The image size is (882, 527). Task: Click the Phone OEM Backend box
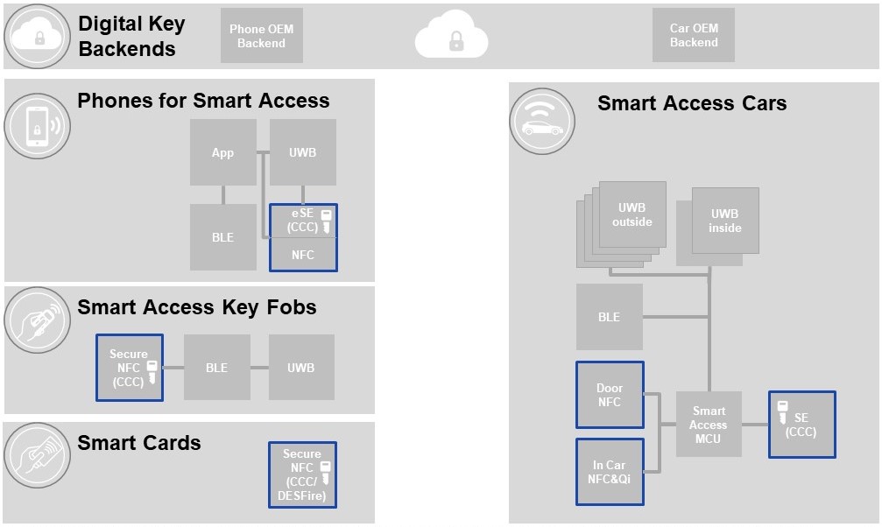point(261,36)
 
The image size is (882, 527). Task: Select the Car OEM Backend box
point(693,36)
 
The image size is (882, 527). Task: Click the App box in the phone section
point(222,152)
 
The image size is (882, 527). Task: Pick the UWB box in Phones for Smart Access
point(302,152)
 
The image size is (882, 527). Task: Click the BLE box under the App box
point(222,237)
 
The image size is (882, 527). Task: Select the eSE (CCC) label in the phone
point(303,221)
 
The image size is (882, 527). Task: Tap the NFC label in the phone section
point(302,255)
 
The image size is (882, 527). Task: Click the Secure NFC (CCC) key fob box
point(130,368)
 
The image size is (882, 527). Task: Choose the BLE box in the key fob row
point(216,368)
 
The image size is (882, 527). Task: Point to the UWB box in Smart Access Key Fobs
point(300,368)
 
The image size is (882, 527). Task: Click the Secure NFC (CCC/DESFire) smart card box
point(302,474)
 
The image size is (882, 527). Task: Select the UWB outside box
point(632,214)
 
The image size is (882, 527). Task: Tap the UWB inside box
point(724,220)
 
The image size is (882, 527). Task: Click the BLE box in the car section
point(609,317)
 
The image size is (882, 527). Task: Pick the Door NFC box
point(610,395)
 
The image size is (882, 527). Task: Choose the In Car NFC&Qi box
point(610,472)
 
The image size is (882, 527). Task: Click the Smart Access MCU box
point(709,424)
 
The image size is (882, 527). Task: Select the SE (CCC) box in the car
point(801,425)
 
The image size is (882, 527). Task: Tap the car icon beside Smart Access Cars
point(542,122)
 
